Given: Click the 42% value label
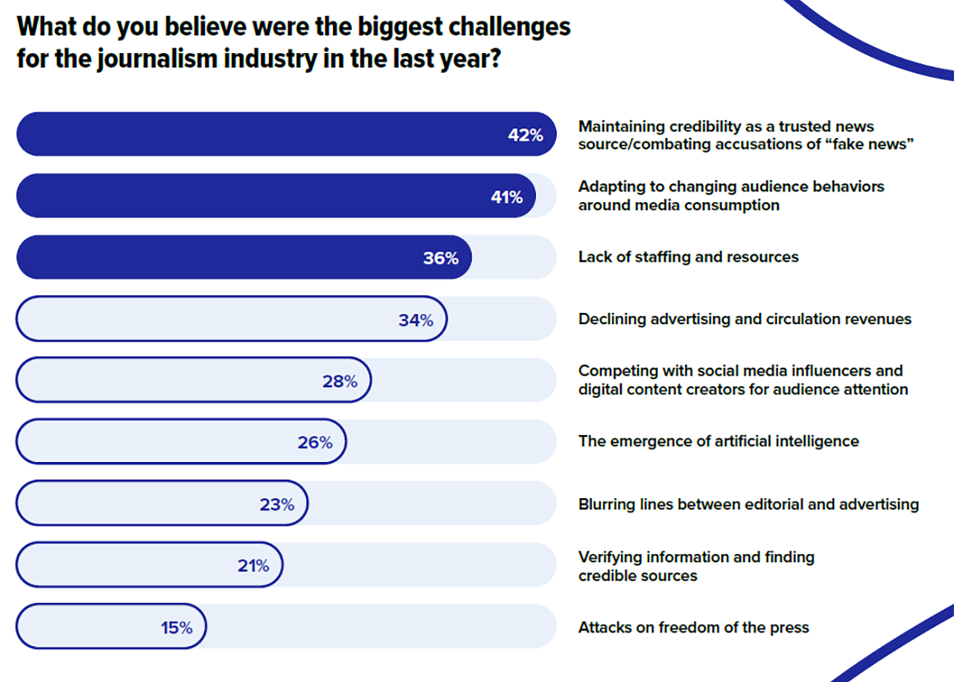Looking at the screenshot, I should pos(525,135).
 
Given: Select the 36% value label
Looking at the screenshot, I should pos(440,259).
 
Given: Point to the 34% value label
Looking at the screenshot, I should pos(415,321).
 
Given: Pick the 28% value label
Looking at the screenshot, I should pos(340,382).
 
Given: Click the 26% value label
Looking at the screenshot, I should pos(315,443).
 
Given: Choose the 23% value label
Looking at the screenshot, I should pos(277,505).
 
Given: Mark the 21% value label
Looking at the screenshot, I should pos(253,566).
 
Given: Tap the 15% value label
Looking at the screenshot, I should pos(177,628).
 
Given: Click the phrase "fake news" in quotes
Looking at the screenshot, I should pos(873,145).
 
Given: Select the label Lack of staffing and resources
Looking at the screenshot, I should pos(688,257).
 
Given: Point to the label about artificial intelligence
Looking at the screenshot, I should pos(718,441).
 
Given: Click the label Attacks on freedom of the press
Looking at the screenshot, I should pos(693,628).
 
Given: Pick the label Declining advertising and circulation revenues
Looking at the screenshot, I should pos(745,319).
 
